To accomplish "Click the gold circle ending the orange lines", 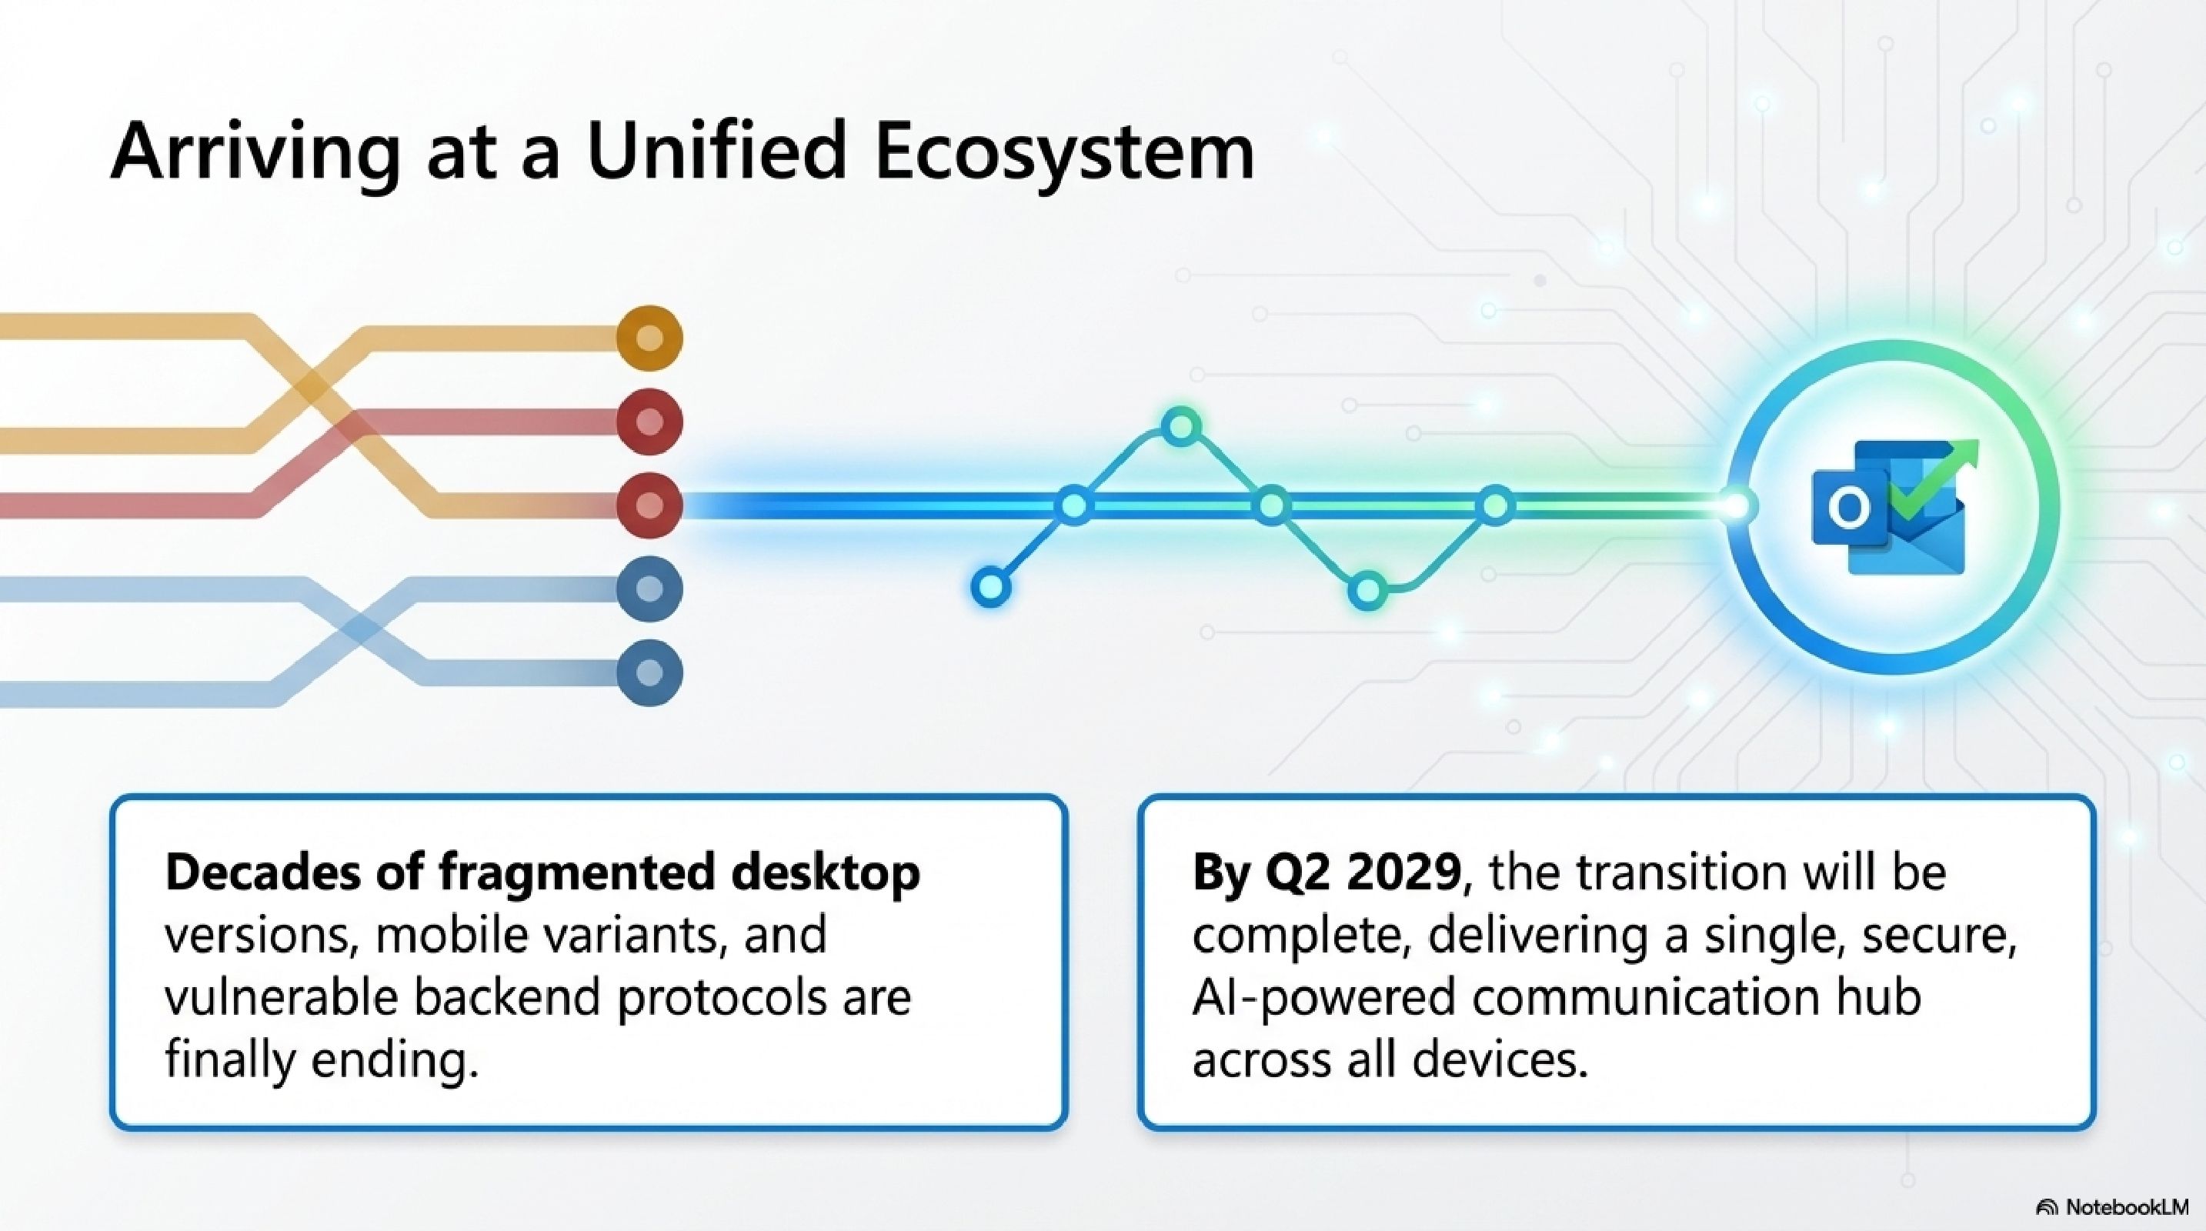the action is point(650,338).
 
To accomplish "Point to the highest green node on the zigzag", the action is point(1181,425).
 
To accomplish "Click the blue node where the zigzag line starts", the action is point(991,587).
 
